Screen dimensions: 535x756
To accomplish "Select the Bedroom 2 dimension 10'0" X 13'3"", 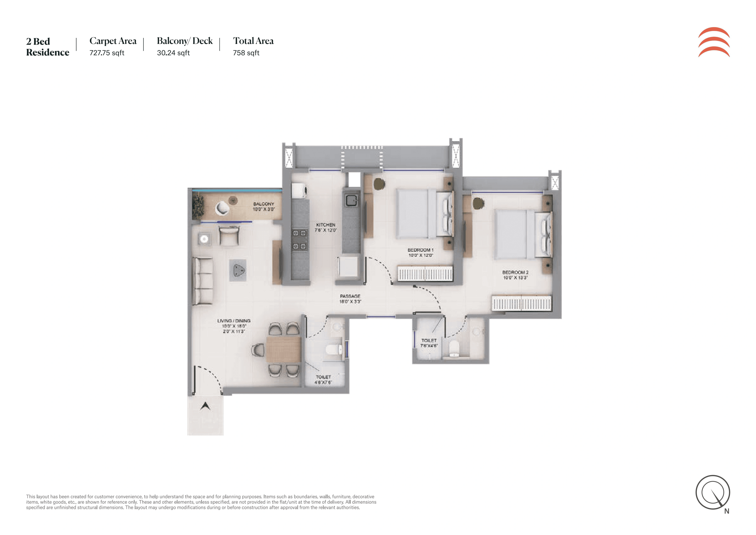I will [515, 278].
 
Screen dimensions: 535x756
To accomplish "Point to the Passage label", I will [350, 296].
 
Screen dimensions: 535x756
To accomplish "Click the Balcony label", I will [263, 204].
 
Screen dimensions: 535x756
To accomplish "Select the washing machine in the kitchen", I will [300, 191].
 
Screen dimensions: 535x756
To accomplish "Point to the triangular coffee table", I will [238, 271].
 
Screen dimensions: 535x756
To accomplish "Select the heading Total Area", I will [253, 41].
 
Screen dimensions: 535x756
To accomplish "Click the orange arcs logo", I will [714, 42].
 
